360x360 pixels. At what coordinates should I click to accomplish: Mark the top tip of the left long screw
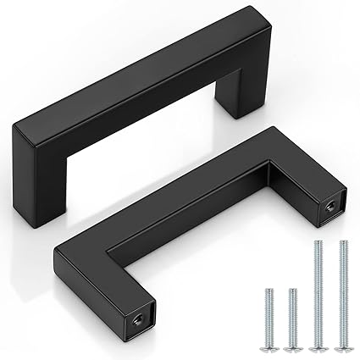(318, 243)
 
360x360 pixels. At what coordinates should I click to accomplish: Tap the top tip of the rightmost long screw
(342, 243)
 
